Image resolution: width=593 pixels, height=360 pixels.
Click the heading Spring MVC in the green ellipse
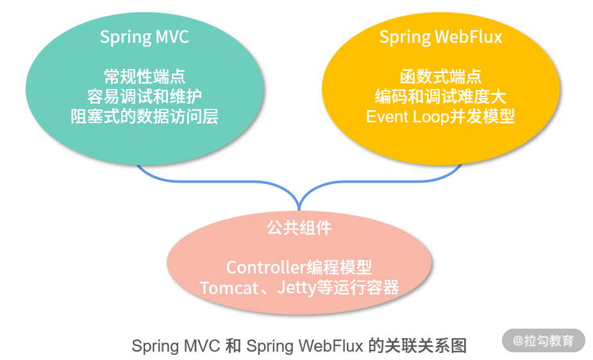coord(144,37)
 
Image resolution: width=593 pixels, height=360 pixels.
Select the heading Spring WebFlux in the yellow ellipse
coord(440,37)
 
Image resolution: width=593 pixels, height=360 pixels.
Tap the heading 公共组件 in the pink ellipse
coord(299,227)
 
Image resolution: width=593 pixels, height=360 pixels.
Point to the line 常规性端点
coord(144,77)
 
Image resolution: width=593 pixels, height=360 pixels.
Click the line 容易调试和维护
coord(144,97)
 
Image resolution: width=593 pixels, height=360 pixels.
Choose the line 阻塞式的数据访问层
coord(144,117)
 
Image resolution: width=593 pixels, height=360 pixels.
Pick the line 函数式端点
coord(440,77)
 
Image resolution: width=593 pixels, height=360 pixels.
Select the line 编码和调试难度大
coord(440,97)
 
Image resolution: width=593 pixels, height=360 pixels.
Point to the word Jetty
coord(297,288)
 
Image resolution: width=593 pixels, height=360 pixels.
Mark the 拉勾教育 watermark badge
coord(544,341)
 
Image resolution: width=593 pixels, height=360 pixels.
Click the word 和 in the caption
coord(233,347)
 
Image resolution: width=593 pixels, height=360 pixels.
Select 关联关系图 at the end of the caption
coord(426,347)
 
